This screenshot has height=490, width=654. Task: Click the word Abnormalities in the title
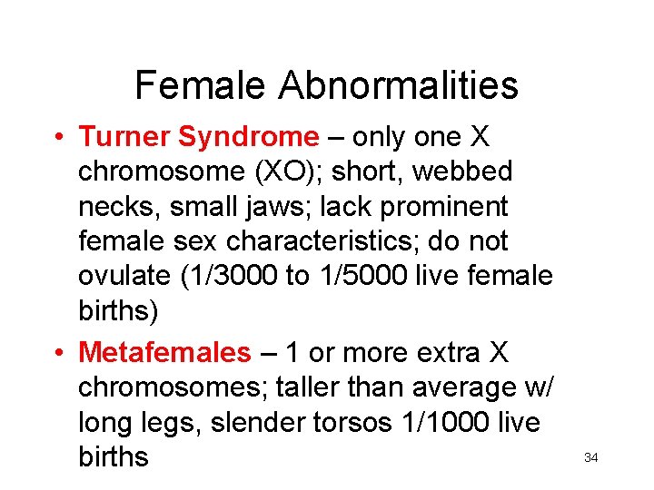[399, 86]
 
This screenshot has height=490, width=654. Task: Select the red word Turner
[125, 137]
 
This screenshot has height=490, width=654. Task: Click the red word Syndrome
[249, 137]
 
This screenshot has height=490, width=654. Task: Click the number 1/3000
[233, 276]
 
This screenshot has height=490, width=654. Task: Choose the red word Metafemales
[164, 352]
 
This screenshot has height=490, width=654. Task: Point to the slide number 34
[590, 457]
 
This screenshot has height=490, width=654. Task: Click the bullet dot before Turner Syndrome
[57, 138]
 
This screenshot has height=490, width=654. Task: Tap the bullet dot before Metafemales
[57, 353]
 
